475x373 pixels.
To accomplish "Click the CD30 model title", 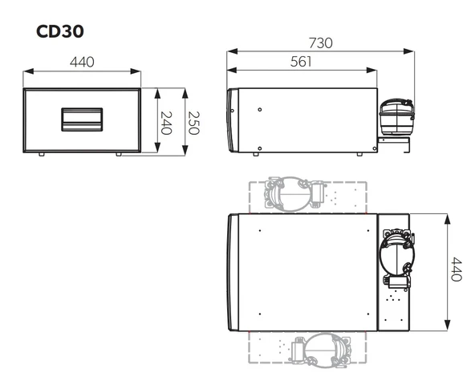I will click(61, 31).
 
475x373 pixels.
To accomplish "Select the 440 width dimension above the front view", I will click(83, 63).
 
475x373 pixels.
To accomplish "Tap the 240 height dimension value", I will click(166, 122).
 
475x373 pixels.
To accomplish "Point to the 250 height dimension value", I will click(192, 122).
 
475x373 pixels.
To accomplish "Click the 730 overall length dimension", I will click(320, 43).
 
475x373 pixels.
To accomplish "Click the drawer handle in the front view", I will click(83, 120).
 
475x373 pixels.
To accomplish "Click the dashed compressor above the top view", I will click(291, 193).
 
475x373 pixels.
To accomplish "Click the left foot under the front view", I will click(41, 153).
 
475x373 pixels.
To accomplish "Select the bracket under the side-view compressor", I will click(394, 144).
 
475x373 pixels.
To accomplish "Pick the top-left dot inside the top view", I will click(261, 231).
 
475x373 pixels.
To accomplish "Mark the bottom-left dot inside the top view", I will click(261, 314).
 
